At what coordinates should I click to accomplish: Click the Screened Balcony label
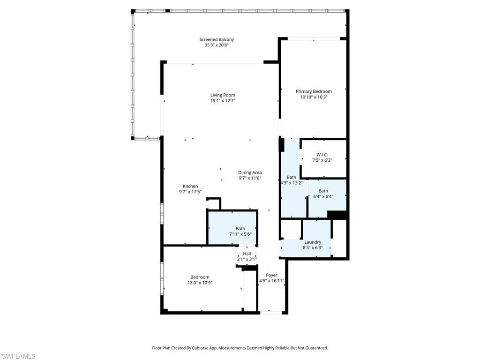point(217,40)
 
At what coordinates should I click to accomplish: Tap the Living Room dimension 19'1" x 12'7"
point(223,101)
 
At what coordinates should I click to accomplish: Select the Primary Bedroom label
point(314,91)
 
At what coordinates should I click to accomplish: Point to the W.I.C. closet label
point(322,155)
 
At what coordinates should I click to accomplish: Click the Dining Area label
point(250,172)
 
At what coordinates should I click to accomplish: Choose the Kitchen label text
point(190,186)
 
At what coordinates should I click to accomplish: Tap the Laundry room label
point(313,242)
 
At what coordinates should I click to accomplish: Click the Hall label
point(247,254)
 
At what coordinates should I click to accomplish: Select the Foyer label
point(271,275)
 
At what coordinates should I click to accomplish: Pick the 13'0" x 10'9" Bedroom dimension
point(200,283)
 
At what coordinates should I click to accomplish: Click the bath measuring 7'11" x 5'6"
point(240,234)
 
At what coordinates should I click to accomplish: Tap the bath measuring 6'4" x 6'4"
point(323,196)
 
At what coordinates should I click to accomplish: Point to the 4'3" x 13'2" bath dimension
point(292,183)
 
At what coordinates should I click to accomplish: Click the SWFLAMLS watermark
point(18,356)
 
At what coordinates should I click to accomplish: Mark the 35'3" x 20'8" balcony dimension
point(217,45)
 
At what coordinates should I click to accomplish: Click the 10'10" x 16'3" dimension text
point(314,97)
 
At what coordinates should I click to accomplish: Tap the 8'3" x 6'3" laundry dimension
point(313,248)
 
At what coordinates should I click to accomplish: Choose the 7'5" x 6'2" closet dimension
point(322,160)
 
